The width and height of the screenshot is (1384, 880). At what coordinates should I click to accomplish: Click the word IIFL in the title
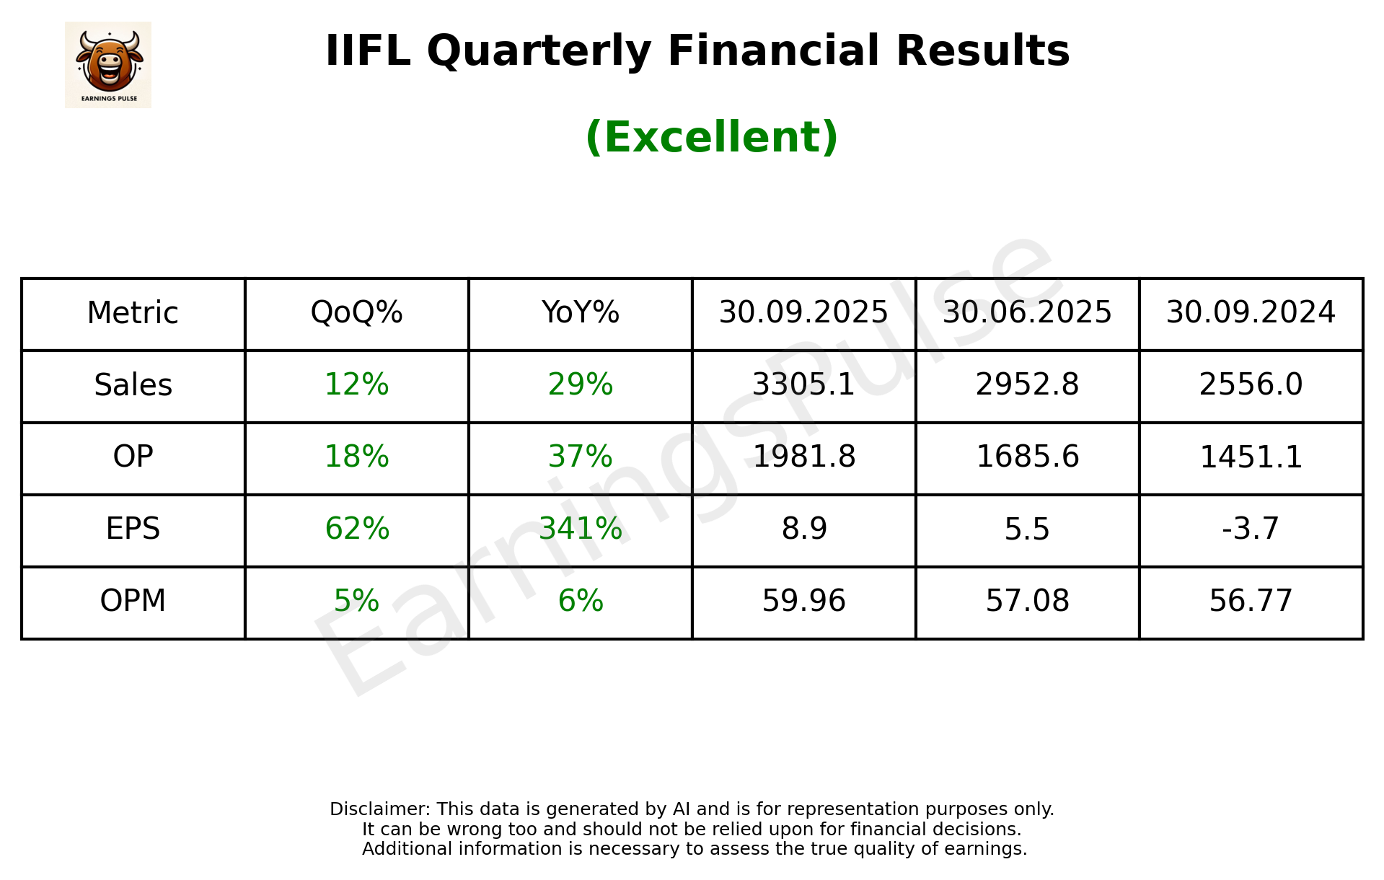click(x=367, y=51)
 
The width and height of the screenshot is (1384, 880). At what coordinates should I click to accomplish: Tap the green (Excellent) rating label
click(x=711, y=137)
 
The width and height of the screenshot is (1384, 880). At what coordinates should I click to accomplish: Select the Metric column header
click(x=133, y=313)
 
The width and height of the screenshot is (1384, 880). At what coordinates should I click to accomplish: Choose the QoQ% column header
click(x=356, y=313)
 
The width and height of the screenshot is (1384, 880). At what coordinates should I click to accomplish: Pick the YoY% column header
click(x=580, y=313)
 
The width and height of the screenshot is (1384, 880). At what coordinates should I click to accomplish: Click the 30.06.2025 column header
click(x=1027, y=313)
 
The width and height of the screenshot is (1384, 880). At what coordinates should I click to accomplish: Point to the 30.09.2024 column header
click(x=1251, y=313)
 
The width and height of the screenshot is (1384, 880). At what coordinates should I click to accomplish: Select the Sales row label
click(x=133, y=385)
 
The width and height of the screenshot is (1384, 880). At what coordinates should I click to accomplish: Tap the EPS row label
click(x=133, y=529)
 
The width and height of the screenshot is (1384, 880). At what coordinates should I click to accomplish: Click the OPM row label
click(x=133, y=602)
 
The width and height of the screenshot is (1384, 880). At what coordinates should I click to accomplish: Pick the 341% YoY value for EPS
click(x=580, y=529)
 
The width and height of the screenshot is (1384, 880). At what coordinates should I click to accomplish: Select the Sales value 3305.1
click(x=803, y=385)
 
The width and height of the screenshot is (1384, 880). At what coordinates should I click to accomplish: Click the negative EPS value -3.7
click(x=1251, y=529)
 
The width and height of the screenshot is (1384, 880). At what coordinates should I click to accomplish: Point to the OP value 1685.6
click(x=1027, y=457)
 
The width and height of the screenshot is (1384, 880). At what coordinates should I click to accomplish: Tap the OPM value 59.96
click(x=803, y=602)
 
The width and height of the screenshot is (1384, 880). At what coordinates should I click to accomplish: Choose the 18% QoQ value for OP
click(x=356, y=457)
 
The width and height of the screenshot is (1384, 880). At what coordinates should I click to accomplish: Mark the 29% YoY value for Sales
click(x=580, y=385)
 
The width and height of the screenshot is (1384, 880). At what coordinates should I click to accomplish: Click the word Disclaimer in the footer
click(x=379, y=809)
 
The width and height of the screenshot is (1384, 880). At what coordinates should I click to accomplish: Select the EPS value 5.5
click(x=1027, y=529)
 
